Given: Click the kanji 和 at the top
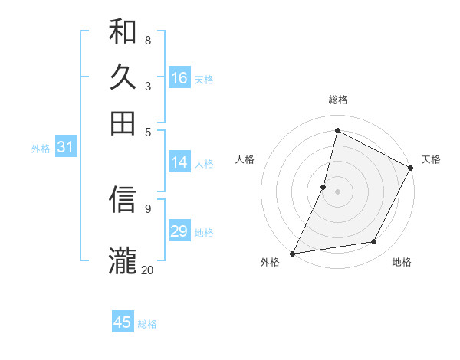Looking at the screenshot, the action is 123,31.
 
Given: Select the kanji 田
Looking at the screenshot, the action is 123,122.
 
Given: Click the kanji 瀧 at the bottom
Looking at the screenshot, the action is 123,260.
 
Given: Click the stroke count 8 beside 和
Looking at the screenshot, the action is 147,40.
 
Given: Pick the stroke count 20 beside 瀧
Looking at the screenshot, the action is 147,269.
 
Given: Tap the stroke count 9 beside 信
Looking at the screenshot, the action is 147,208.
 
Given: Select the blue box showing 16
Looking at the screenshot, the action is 179,78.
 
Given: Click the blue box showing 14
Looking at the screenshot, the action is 179,162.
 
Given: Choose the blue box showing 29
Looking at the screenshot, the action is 179,231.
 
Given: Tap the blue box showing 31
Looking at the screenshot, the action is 65,148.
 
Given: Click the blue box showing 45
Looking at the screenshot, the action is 123,322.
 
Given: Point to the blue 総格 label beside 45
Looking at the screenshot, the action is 147,324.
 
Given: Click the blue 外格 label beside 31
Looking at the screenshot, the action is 41,149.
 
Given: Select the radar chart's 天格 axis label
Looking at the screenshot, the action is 431,159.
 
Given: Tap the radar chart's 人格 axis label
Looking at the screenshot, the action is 245,159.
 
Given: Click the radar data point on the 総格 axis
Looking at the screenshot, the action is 337,131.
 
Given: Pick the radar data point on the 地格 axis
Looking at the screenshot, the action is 374,242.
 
